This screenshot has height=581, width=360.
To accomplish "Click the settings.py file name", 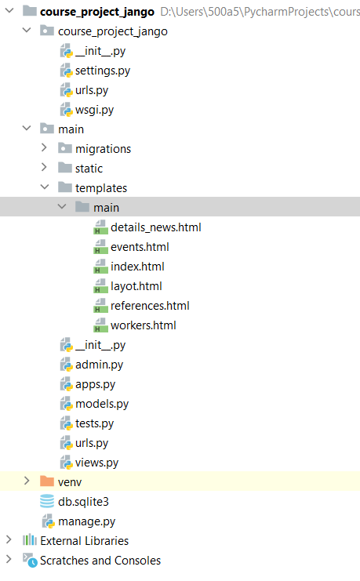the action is [x=103, y=71].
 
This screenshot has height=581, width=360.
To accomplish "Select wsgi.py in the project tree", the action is [x=95, y=110].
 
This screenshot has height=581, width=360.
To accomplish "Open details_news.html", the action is [x=156, y=227].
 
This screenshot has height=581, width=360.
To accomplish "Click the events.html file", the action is [x=140, y=247].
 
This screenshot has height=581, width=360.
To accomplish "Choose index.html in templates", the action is [x=137, y=267].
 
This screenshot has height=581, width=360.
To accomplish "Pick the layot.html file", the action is [x=136, y=286].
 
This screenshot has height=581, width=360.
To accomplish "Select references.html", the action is [x=150, y=306].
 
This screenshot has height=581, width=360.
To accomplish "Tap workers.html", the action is [x=143, y=325].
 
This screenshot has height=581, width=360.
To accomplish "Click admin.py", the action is [x=99, y=365].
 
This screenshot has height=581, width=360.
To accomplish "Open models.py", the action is [x=102, y=404].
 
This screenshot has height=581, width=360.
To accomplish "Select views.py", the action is [x=96, y=463].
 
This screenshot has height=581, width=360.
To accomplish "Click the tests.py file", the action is [x=95, y=423].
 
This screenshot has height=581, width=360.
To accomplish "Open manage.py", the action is [x=87, y=521].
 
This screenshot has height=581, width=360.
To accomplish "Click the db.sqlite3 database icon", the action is [x=47, y=501].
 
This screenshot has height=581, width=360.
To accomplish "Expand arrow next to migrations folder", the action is [x=44, y=148].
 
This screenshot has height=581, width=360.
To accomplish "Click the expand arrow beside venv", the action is [x=27, y=481].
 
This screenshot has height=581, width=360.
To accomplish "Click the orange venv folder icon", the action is [x=47, y=481].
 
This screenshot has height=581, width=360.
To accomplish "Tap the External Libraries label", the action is [x=85, y=541].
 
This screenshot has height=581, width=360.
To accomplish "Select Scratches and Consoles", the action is [x=100, y=561].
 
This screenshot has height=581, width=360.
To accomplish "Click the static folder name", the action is [x=89, y=169].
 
